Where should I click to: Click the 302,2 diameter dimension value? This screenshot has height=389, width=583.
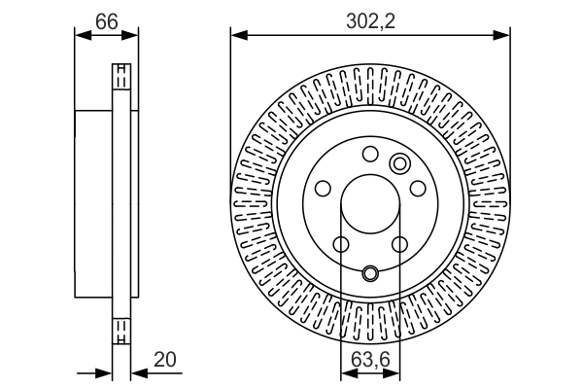click(x=369, y=18)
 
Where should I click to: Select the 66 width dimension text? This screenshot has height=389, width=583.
click(x=106, y=18)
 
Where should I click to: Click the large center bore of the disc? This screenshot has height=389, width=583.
click(x=370, y=206)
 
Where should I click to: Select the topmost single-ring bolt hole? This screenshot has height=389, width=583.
click(x=369, y=154)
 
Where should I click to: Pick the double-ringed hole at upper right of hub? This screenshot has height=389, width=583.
click(x=398, y=162)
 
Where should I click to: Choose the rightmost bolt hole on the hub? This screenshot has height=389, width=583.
click(x=417, y=190)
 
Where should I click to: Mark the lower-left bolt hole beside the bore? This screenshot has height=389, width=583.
click(x=341, y=245)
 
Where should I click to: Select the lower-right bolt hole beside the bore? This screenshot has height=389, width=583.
click(x=399, y=245)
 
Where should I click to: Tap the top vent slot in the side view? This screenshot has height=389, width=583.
click(x=121, y=77)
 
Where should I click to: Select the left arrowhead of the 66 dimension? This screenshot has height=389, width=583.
click(x=81, y=35)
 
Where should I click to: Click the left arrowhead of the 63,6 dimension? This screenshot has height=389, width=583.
click(x=346, y=371)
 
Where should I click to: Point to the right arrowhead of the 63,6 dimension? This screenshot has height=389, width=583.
click(x=394, y=371)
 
